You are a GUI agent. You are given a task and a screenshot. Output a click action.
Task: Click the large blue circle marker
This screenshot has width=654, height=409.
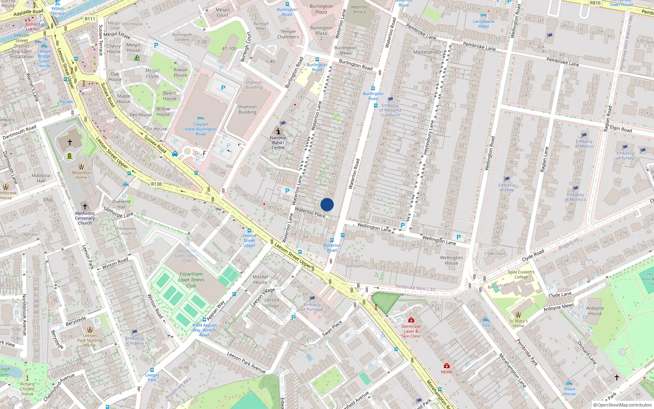click(x=327, y=204)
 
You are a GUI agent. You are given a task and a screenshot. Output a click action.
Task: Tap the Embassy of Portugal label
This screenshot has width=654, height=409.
click(x=312, y=307)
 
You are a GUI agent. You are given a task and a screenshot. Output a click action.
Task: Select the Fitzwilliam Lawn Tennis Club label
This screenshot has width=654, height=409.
click(x=191, y=280)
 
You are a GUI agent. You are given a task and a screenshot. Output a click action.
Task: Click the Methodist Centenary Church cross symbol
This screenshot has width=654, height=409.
click(x=85, y=207)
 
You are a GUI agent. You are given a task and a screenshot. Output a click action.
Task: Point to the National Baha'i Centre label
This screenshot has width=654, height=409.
click(x=278, y=142)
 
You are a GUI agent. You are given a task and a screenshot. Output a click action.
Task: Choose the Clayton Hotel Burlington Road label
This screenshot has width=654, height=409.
click(x=200, y=129)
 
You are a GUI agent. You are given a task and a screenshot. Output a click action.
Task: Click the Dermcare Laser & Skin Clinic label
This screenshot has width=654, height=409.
click(x=411, y=331)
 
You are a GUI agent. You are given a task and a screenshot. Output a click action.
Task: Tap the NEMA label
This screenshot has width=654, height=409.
click(x=446, y=372)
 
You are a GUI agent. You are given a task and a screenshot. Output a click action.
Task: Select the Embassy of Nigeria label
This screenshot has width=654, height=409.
click(x=134, y=341)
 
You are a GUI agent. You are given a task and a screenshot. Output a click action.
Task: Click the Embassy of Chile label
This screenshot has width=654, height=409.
click(x=506, y=187)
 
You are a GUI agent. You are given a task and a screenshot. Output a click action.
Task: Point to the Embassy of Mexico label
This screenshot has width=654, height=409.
click(x=584, y=144)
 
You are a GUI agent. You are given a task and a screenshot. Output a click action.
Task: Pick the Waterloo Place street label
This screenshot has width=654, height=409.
click(x=310, y=212)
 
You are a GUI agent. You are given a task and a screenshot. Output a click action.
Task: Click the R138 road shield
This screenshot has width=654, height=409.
click(x=156, y=184)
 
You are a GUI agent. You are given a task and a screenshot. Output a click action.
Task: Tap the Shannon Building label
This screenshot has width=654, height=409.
click(x=247, y=109)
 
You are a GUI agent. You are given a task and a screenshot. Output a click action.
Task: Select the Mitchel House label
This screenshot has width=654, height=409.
click(x=260, y=279)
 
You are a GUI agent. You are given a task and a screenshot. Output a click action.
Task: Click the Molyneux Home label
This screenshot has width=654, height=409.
click(x=81, y=175)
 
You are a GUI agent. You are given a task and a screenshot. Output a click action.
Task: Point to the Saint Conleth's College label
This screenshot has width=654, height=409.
click(x=521, y=274)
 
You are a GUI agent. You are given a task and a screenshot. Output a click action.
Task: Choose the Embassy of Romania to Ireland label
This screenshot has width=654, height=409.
click(x=390, y=110)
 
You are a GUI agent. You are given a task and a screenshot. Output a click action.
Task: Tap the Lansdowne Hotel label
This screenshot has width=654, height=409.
click(x=484, y=24)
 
